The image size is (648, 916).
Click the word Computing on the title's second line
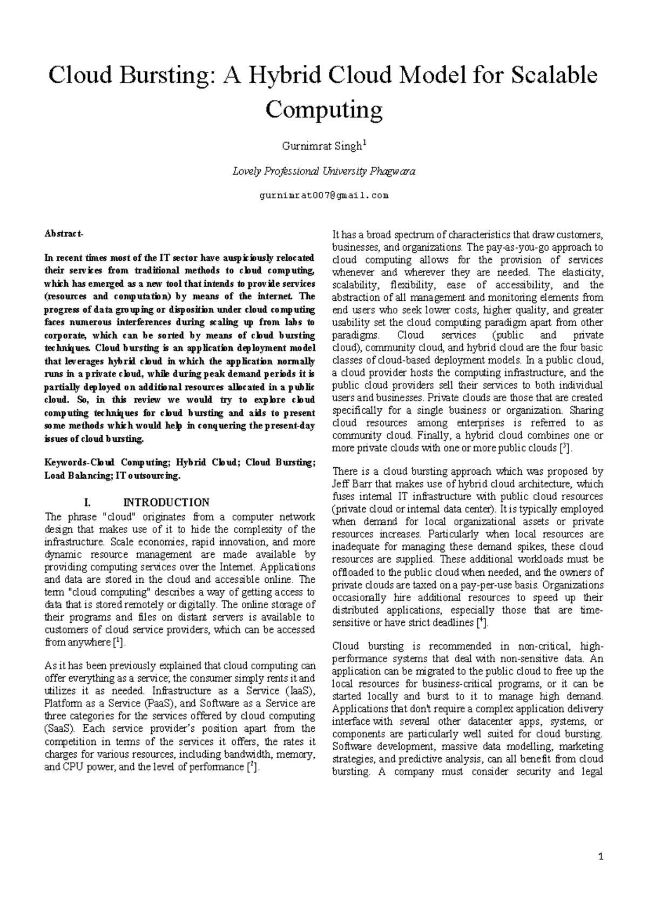(x=323, y=110)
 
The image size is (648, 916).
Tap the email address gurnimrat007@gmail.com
(x=323, y=196)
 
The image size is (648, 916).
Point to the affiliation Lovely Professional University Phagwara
(x=323, y=172)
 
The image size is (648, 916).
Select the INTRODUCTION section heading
(x=166, y=502)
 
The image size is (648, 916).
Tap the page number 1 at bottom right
(x=601, y=857)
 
